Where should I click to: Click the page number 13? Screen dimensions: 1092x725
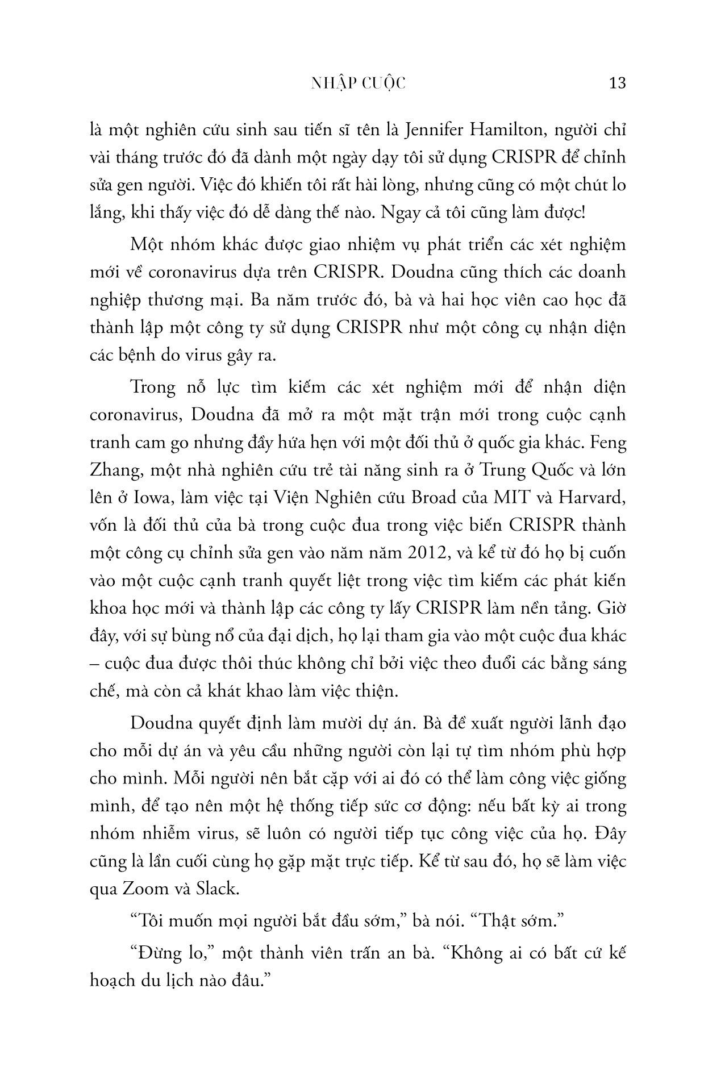pyautogui.click(x=617, y=83)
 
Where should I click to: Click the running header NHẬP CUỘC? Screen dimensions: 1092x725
pyautogui.click(x=359, y=83)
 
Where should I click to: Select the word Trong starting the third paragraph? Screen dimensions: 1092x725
pyautogui.click(x=153, y=387)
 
